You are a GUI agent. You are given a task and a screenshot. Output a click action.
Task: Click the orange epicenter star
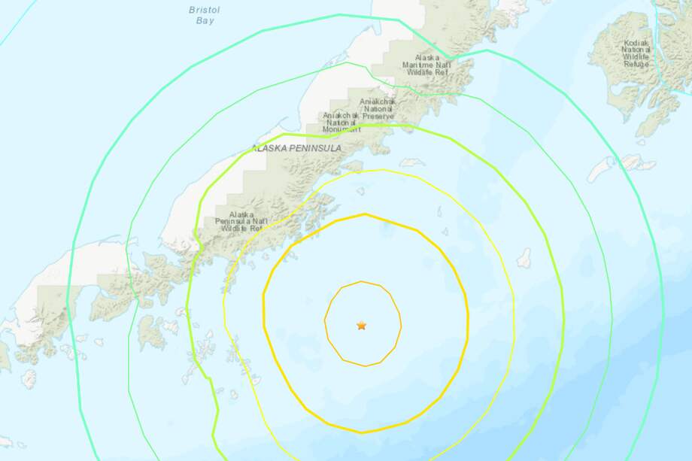coord(362,326)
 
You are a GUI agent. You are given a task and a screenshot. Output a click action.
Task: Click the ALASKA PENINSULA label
coord(296,149)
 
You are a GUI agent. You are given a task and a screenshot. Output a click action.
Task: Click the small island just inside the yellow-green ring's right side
coord(524,258)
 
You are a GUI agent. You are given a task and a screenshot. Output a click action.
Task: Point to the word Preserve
coord(378,117)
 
